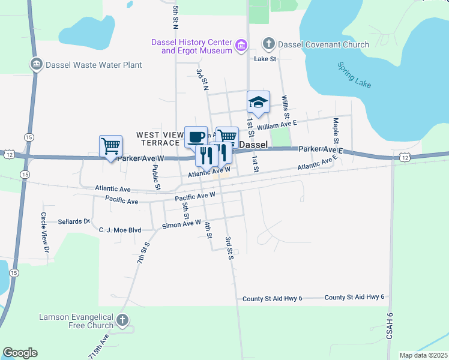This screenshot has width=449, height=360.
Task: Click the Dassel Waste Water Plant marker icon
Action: pyautogui.click(x=36, y=64)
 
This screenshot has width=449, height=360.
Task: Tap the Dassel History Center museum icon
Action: pyautogui.click(x=242, y=46)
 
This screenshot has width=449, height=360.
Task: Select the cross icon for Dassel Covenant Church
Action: pyautogui.click(x=268, y=44)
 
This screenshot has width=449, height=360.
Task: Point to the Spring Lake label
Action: pyautogui.click(x=354, y=75)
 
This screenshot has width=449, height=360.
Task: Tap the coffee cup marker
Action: pyautogui.click(x=196, y=137)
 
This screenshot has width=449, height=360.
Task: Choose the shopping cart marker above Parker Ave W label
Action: pyautogui.click(x=110, y=145)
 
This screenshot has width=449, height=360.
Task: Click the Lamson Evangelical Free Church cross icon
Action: pyautogui.click(x=123, y=320)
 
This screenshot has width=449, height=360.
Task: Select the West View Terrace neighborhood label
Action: pyautogui.click(x=158, y=139)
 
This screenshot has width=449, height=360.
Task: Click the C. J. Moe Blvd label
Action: pyautogui.click(x=119, y=229)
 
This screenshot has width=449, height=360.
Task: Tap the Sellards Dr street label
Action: pyautogui.click(x=74, y=221)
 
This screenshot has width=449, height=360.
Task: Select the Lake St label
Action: pyautogui.click(x=265, y=59)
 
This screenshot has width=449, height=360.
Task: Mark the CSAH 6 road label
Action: pyautogui.click(x=390, y=328)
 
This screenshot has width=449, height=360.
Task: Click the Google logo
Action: pyautogui.click(x=20, y=353)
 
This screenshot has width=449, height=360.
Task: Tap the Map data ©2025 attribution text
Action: pyautogui.click(x=423, y=355)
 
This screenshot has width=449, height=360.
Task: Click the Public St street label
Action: pyautogui.click(x=156, y=178)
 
